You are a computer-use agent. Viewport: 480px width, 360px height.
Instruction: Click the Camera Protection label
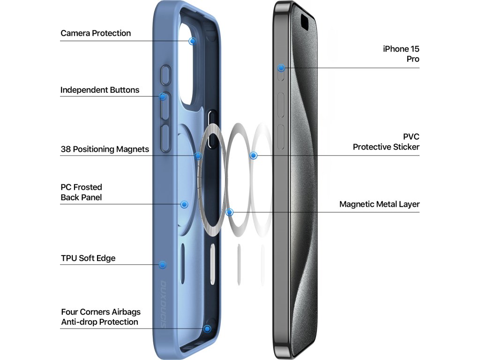click(x=96, y=33)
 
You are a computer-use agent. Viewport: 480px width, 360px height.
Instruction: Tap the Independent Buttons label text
click(x=100, y=90)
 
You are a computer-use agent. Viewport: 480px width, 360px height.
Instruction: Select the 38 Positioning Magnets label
click(x=105, y=149)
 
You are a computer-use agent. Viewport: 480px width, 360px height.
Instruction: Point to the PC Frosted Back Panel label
click(x=81, y=192)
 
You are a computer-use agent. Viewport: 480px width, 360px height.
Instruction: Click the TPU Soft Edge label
click(x=88, y=258)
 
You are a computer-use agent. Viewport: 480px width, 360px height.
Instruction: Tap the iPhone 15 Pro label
click(x=401, y=54)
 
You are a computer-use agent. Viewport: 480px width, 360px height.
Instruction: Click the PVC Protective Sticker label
click(x=386, y=142)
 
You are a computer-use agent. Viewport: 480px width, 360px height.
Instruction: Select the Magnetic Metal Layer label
click(x=379, y=204)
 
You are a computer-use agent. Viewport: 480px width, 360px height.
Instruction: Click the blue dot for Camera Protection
click(x=192, y=41)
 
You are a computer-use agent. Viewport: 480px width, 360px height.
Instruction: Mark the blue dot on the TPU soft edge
click(x=163, y=265)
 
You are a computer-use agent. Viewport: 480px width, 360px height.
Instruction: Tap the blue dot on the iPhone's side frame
click(x=281, y=68)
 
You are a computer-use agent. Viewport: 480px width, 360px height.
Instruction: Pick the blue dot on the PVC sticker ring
click(x=254, y=155)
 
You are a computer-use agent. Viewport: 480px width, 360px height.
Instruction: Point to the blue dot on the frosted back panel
click(x=184, y=204)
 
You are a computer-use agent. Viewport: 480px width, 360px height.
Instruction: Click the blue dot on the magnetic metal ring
click(x=229, y=212)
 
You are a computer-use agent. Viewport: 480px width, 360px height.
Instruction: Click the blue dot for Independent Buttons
click(x=163, y=97)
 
